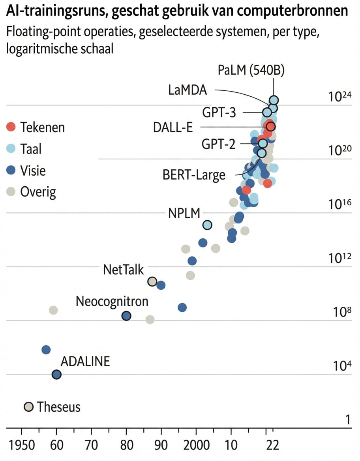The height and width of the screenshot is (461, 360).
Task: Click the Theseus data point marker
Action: pos(29,407)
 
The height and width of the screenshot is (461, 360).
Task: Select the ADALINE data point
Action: pos(56,374)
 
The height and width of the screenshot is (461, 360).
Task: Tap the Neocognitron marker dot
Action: pos(126,316)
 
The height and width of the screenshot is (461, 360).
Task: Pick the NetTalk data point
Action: pos(152,281)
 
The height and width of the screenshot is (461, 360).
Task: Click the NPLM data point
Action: pos(207,225)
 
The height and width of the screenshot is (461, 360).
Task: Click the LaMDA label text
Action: pos(187,90)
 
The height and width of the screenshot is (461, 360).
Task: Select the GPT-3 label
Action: pos(219,112)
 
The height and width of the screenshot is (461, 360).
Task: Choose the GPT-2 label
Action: pos(218,144)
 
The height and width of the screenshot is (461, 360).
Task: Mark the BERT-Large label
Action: pos(194,174)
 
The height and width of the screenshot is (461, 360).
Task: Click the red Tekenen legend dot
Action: pos(11,127)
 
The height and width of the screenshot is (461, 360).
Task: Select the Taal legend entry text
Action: pos(31,149)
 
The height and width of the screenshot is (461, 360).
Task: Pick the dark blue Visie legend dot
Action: pos(11,171)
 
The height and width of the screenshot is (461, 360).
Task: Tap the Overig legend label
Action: pos(38,192)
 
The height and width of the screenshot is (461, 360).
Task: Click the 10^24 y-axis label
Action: pos(340,97)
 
